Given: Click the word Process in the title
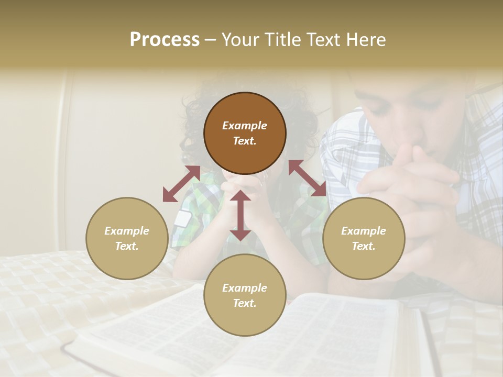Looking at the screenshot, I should coord(165,40).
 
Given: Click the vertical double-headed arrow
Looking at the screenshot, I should coord(240,215).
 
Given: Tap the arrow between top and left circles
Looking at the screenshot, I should coord(181,184).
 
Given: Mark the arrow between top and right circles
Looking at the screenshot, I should coord(308,178).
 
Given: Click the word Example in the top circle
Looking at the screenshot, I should coord(245,126).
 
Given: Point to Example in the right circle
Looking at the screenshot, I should coord(364,231).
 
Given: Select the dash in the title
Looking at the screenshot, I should coord(210,40).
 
